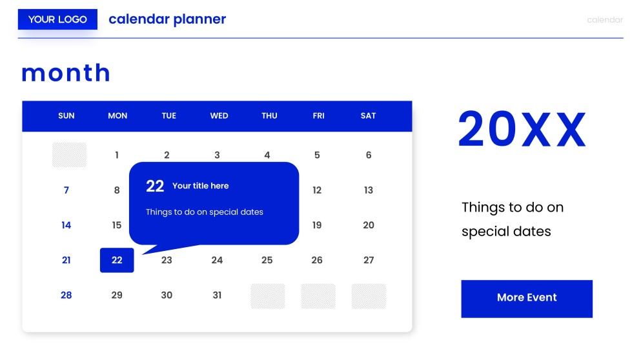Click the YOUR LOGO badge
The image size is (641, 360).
[x=57, y=19]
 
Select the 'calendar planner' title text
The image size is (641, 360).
[x=167, y=19]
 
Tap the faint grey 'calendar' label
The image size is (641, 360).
[x=604, y=20]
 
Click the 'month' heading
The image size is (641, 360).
[x=66, y=73]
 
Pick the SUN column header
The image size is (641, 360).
[x=66, y=116]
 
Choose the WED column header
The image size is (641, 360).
[x=219, y=116]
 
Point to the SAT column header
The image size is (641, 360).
[x=368, y=116]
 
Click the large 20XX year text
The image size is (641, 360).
[x=522, y=130]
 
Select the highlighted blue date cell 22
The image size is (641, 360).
[x=117, y=260]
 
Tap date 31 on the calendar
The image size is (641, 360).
[x=217, y=295]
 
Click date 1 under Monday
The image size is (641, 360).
[x=117, y=155]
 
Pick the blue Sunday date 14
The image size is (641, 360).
[x=66, y=225]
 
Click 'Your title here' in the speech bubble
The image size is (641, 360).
[x=200, y=186]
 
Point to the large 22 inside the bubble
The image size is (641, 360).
[x=155, y=186]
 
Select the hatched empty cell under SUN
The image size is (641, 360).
[x=69, y=155]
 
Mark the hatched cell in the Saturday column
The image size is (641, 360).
[x=369, y=296]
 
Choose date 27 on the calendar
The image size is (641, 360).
[x=369, y=260]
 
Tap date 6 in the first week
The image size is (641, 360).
[x=369, y=155]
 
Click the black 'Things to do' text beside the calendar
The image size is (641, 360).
[x=513, y=219]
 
